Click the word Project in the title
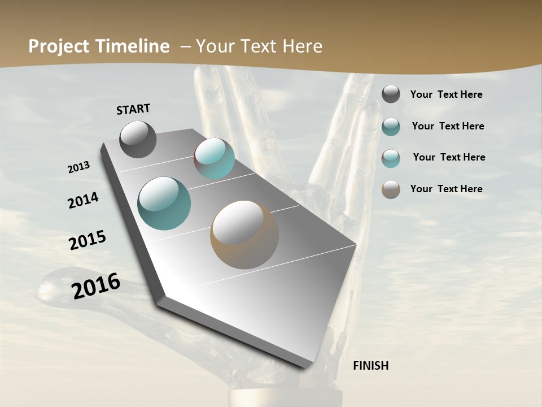[x=57, y=46]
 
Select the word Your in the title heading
[x=213, y=46]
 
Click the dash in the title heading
[x=185, y=46]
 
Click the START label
[x=133, y=109]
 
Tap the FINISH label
[x=371, y=366]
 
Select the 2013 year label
[x=78, y=167]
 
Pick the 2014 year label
[x=83, y=200]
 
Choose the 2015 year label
[x=88, y=240]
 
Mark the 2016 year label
[x=96, y=286]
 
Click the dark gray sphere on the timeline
[x=138, y=139]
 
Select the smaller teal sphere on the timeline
[x=215, y=158]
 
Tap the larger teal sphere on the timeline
[x=164, y=203]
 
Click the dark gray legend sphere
[x=391, y=94]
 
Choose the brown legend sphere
[x=391, y=189]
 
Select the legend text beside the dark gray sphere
[x=446, y=95]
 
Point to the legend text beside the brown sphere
[x=446, y=189]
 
